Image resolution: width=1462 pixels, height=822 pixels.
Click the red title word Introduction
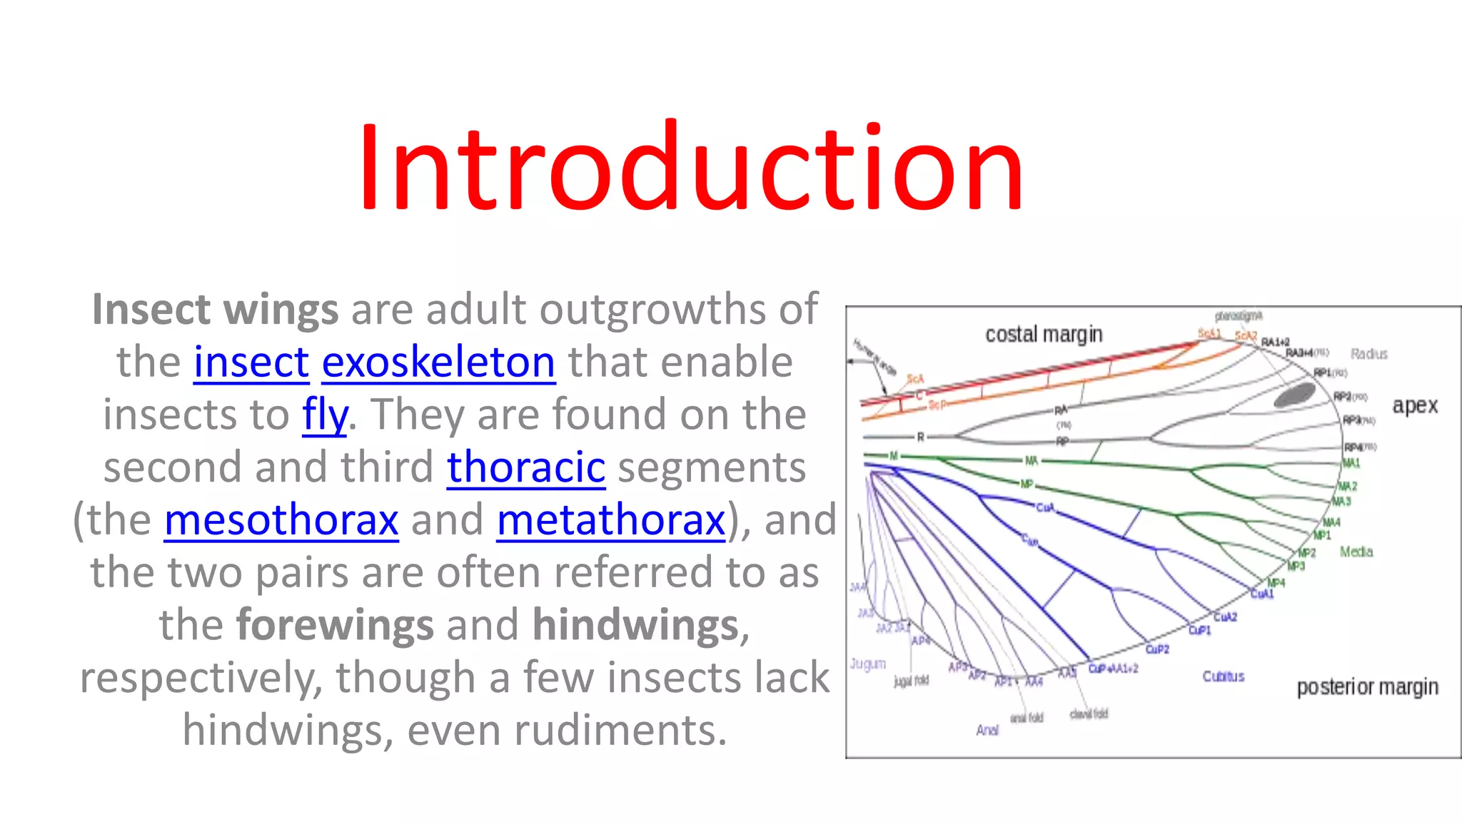[691, 168]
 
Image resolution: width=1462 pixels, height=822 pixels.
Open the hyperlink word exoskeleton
[438, 362]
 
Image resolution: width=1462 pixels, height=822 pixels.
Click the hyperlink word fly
[325, 415]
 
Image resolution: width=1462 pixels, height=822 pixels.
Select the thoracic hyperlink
[526, 467]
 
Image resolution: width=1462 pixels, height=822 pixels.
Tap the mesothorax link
[281, 519]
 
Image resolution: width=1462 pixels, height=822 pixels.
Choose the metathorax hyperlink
[611, 519]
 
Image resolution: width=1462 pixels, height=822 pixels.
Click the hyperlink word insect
[251, 362]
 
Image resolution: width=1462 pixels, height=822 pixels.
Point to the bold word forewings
[335, 625]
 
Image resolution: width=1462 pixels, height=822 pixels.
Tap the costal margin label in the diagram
[1044, 334]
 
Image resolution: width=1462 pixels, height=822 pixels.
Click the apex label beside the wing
[1414, 405]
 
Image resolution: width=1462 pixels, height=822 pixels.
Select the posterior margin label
[1367, 686]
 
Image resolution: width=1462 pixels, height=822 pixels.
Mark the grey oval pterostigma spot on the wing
[1294, 395]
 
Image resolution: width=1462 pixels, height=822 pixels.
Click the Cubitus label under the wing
[1223, 676]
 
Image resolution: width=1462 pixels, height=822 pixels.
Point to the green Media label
[1356, 552]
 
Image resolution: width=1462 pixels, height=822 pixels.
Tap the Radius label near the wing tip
[1368, 354]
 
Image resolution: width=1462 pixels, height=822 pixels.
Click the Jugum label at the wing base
[867, 664]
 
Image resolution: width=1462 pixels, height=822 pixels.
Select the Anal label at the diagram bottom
[987, 730]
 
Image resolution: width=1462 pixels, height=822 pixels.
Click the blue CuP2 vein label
[1157, 649]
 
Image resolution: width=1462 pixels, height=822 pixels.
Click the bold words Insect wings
[215, 310]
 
